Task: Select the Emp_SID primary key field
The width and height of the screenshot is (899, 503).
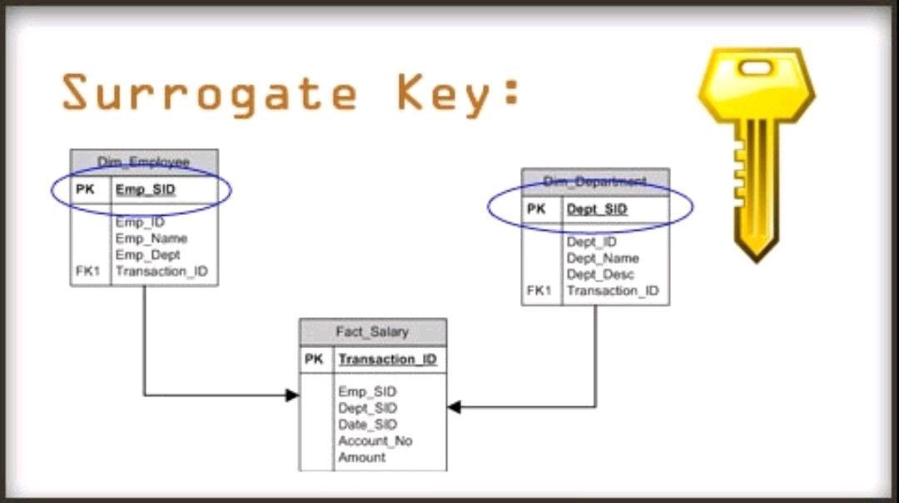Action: click(146, 190)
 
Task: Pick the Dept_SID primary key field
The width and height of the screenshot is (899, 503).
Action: click(597, 210)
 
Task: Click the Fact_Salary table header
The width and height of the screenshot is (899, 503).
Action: click(372, 332)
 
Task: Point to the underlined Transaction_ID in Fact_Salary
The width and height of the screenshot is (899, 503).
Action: click(387, 360)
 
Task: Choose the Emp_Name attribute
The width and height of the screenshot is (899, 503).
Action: click(151, 239)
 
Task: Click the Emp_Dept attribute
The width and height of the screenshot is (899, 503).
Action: click(147, 255)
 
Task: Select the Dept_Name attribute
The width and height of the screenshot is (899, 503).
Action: click(603, 258)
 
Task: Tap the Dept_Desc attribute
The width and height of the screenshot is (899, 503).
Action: click(600, 274)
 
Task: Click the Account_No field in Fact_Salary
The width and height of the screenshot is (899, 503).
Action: click(375, 441)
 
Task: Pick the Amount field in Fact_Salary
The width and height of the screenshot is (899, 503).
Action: click(362, 457)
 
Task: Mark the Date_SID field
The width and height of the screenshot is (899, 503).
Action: click(368, 425)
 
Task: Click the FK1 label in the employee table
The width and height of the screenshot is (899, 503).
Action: click(86, 271)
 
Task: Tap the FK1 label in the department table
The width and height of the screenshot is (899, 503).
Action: click(539, 291)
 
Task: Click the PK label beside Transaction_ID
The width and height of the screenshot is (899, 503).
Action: click(314, 360)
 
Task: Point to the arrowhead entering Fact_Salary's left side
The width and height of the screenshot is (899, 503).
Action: click(292, 395)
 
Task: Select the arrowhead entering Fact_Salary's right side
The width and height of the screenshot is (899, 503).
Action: click(454, 407)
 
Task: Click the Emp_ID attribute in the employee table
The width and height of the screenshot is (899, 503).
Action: click(140, 222)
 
